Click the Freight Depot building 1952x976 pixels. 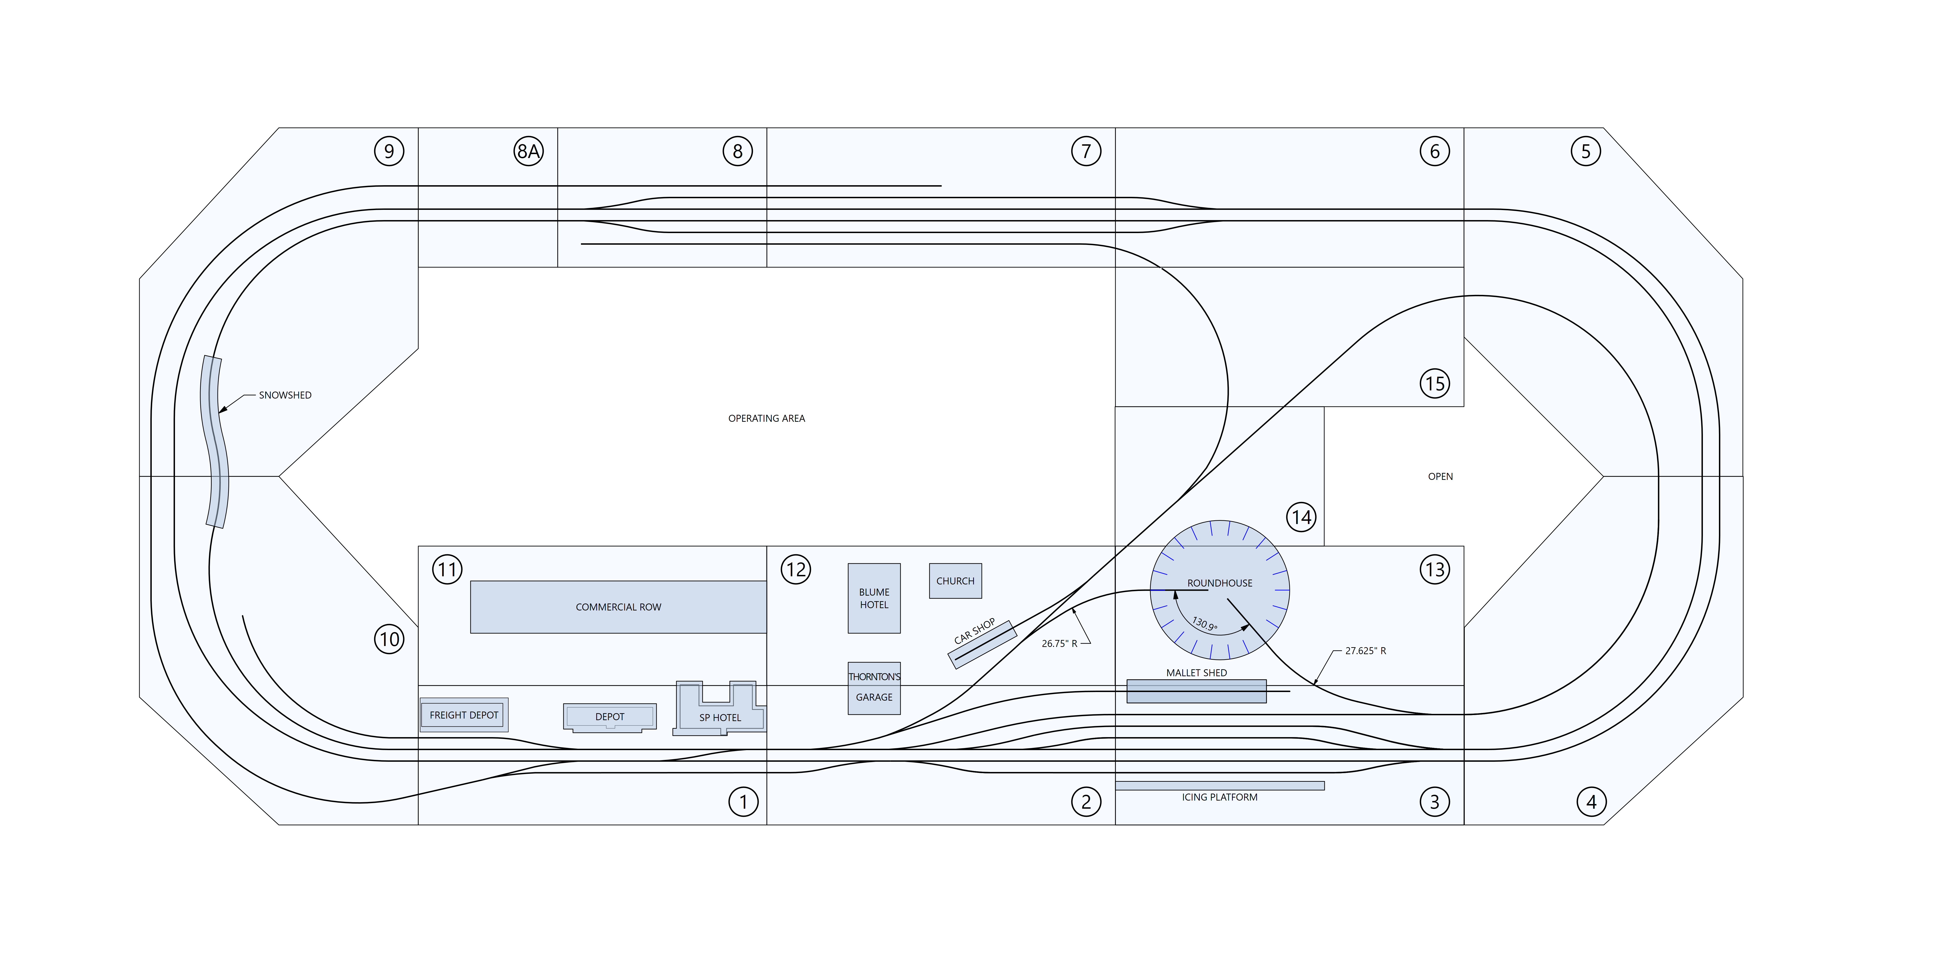(464, 715)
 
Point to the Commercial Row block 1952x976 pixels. (618, 607)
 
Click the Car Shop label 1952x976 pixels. (974, 631)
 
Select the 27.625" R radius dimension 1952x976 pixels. (1365, 651)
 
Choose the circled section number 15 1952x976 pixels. (1434, 383)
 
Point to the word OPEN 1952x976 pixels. (1441, 477)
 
